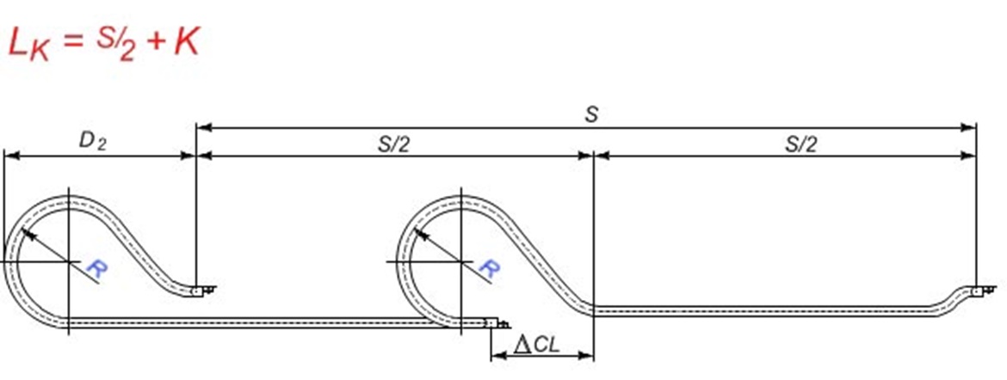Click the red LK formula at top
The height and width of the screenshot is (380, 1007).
[103, 43]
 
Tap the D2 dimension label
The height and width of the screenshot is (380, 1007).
[92, 141]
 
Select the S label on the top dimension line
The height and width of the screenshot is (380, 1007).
[591, 115]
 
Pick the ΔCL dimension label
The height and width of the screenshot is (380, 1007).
[536, 345]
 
